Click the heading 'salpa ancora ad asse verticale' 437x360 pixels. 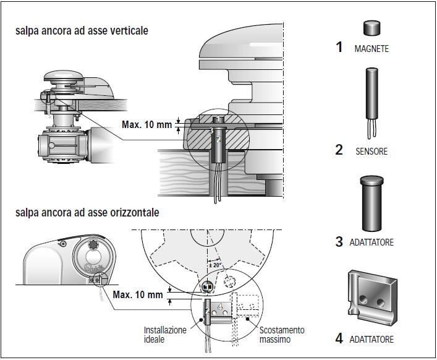(x=82, y=30)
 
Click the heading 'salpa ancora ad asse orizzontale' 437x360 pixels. (x=87, y=212)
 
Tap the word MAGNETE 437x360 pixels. (x=371, y=48)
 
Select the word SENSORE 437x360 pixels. (x=371, y=151)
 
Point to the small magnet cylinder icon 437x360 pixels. (x=371, y=28)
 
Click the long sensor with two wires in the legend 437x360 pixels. (x=371, y=96)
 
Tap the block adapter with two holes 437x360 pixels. (x=371, y=297)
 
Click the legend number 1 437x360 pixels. (x=339, y=47)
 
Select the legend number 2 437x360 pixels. (x=339, y=150)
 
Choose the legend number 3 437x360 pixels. (x=339, y=242)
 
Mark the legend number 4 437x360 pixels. (x=339, y=338)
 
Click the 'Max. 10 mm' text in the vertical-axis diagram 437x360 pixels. (x=146, y=125)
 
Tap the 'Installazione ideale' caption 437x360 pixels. (x=165, y=335)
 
